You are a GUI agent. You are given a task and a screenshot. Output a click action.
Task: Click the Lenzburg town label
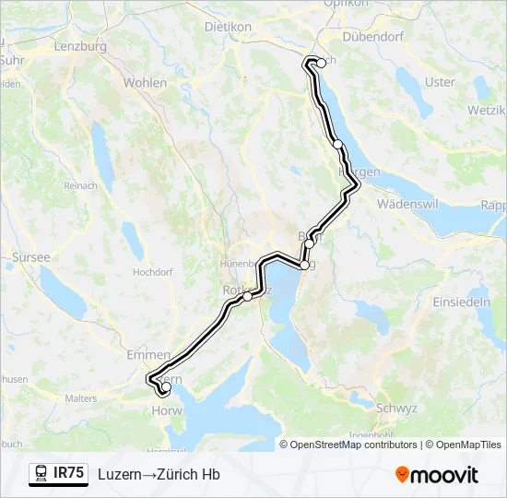coord(81,46)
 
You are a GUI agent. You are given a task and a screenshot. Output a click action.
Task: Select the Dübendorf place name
coord(373,37)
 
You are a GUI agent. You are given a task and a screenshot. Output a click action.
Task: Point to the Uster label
coord(440,82)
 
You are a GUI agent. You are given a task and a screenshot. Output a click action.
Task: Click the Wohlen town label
coord(146,83)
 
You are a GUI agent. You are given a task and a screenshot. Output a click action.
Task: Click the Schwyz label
coord(397,408)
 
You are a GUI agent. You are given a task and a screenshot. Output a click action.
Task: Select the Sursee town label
coord(30,257)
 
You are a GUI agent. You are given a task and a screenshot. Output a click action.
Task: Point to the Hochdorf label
coord(153,273)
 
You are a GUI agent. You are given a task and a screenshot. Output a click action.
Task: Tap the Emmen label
coord(149,354)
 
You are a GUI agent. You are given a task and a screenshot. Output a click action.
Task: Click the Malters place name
coord(81,398)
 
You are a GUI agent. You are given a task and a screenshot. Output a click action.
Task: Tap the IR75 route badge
coord(68,473)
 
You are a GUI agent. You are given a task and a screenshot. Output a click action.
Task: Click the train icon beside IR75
coord(41,474)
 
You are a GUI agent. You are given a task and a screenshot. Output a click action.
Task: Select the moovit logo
coord(437,475)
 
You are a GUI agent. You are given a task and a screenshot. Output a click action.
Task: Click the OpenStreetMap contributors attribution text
coord(353,445)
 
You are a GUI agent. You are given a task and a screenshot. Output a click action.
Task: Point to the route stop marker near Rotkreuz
coord(247,296)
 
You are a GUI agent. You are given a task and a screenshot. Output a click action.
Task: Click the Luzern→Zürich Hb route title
coord(159,474)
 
